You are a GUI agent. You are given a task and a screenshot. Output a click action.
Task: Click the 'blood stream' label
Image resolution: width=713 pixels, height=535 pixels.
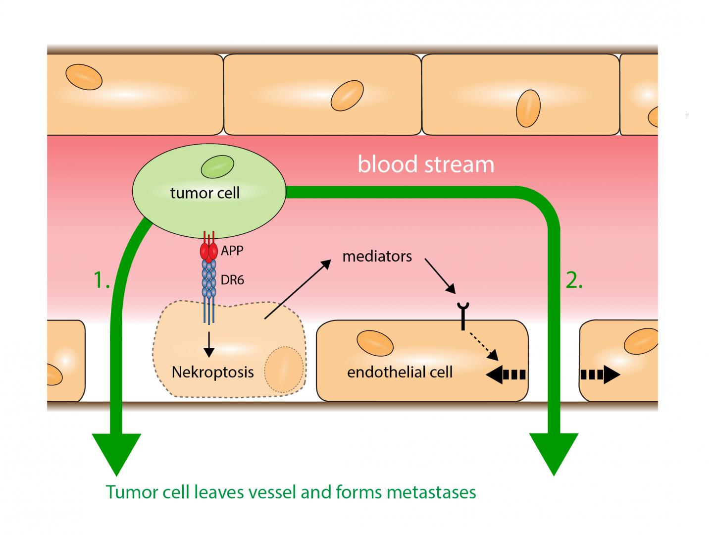[x=426, y=164]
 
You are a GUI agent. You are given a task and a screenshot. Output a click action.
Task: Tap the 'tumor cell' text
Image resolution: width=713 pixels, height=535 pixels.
[x=204, y=193]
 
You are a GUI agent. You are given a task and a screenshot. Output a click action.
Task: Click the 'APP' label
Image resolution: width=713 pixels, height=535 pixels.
[x=232, y=251]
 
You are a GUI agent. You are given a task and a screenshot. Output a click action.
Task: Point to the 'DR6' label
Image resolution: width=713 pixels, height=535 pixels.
[x=232, y=280]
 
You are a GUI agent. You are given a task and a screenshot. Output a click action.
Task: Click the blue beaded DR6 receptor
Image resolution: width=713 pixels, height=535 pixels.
[x=208, y=280]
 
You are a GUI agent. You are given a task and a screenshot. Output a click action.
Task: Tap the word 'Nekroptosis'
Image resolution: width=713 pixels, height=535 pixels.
[x=212, y=372]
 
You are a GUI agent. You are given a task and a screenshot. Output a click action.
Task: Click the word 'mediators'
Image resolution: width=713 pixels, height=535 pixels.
[x=377, y=256]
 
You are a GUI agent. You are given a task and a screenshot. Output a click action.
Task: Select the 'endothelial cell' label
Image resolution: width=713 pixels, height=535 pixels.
[x=400, y=372]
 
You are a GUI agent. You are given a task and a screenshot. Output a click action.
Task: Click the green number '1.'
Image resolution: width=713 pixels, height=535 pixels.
[x=102, y=281]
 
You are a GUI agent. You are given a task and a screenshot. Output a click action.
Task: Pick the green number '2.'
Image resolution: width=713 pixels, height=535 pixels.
[x=574, y=281]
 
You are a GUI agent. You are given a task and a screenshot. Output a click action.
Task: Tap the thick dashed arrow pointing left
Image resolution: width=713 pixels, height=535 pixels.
[x=506, y=375]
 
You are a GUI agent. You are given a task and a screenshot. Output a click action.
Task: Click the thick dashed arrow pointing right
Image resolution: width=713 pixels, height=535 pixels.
[x=600, y=375]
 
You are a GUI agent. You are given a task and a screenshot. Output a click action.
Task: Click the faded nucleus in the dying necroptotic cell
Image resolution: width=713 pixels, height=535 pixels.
[x=284, y=370]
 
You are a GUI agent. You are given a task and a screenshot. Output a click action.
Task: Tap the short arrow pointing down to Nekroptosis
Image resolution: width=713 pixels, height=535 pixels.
[x=209, y=344]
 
